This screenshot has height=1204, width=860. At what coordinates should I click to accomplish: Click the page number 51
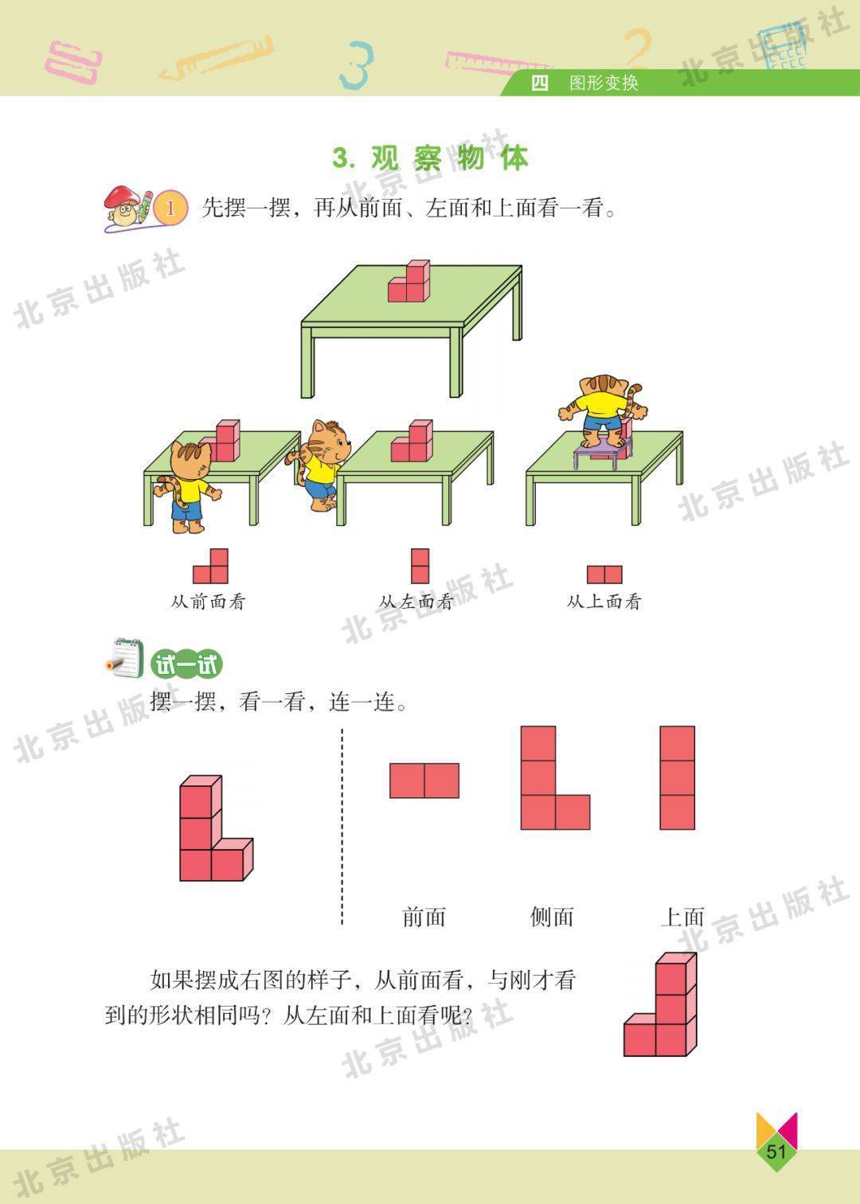click(776, 1151)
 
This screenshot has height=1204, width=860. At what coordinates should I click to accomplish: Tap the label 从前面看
click(208, 602)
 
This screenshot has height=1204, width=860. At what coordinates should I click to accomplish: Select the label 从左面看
click(416, 602)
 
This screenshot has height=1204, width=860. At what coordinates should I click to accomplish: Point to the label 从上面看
click(604, 602)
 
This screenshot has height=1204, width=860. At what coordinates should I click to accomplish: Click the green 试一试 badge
click(186, 664)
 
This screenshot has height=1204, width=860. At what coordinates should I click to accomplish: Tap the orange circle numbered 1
click(170, 208)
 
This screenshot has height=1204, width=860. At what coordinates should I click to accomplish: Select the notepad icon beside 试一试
click(125, 658)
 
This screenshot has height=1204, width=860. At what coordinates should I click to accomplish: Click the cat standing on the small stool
click(604, 411)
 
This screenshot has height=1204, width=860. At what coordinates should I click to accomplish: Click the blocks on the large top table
click(409, 281)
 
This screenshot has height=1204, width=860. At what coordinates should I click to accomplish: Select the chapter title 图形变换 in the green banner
click(604, 84)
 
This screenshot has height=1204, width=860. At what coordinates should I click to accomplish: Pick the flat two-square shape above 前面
click(424, 781)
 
